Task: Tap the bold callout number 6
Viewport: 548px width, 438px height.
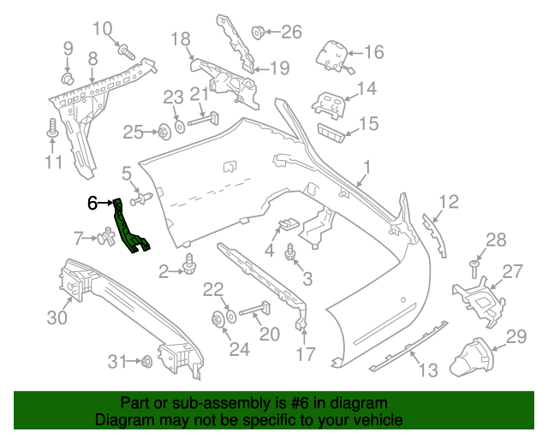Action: (93, 203)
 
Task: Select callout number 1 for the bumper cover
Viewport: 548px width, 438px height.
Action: (366, 166)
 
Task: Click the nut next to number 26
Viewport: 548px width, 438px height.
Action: (256, 33)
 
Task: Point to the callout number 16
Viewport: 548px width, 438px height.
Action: (374, 53)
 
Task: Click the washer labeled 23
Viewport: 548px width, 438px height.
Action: (179, 127)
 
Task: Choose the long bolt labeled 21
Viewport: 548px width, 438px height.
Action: (205, 120)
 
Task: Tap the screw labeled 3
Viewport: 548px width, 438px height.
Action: (291, 252)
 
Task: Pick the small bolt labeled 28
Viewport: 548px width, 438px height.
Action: (473, 268)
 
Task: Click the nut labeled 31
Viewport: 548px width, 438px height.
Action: (146, 360)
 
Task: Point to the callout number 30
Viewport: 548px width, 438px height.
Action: (57, 318)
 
